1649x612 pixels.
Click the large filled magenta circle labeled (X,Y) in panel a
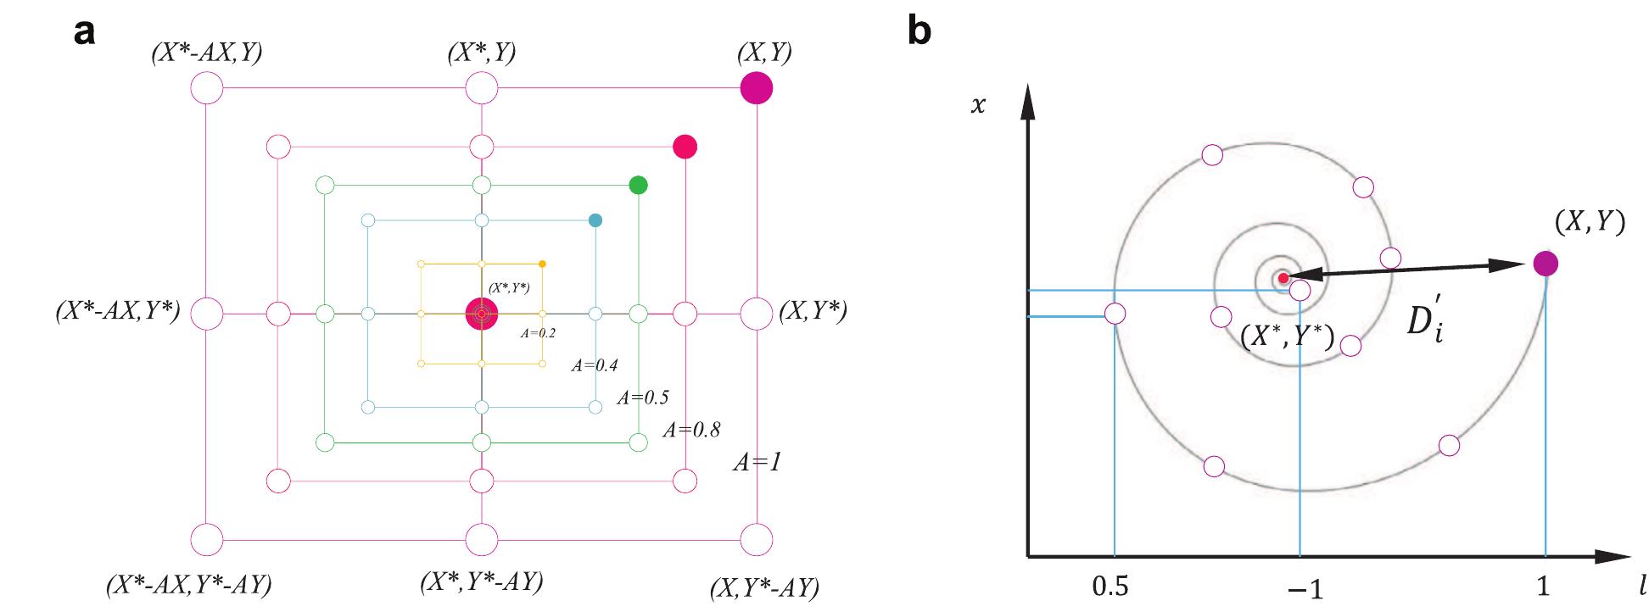[x=756, y=88]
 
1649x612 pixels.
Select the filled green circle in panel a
[x=639, y=185]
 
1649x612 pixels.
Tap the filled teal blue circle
[x=595, y=220]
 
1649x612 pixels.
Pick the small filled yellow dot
[x=542, y=264]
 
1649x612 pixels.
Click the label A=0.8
[x=692, y=430]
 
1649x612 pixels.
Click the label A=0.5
[x=642, y=397]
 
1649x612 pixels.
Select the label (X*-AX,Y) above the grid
[x=206, y=53]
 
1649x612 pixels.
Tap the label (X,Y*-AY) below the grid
[x=764, y=587]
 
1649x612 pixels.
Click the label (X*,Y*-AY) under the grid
[x=481, y=582]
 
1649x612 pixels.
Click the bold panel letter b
[x=920, y=31]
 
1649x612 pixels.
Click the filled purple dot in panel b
[x=1546, y=264]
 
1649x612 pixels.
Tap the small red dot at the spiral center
[x=1283, y=277]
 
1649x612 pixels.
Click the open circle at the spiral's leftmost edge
[x=1115, y=314]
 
